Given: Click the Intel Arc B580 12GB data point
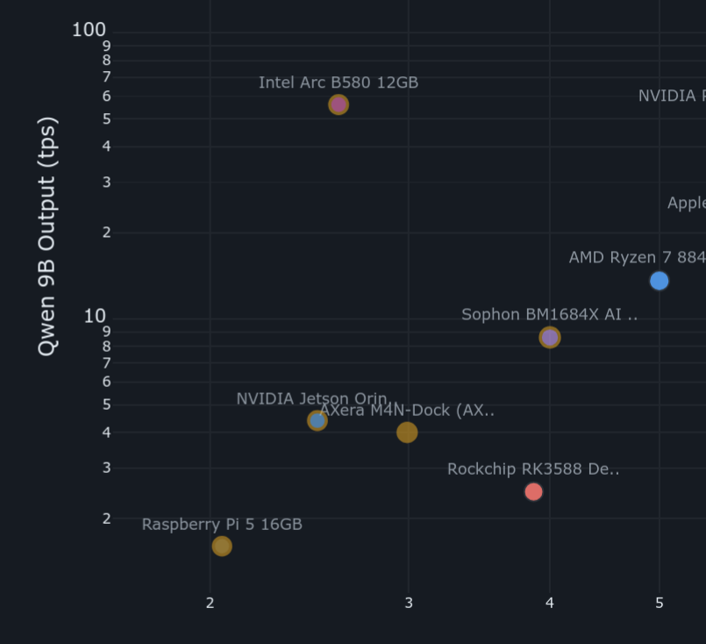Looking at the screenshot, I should (339, 104).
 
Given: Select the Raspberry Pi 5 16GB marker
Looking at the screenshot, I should (222, 546).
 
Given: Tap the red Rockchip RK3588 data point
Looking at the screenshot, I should (533, 491).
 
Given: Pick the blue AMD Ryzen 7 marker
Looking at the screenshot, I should (659, 281).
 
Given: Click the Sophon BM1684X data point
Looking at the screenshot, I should (550, 337).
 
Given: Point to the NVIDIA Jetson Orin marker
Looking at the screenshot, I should (317, 421).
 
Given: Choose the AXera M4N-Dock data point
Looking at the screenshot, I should (407, 433).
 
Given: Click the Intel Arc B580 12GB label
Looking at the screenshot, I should (339, 82).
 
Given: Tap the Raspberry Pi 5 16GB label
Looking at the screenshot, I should (222, 525).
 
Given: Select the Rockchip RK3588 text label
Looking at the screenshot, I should (533, 469).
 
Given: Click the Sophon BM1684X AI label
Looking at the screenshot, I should (549, 315).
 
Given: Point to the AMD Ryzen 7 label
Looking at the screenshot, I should (637, 258).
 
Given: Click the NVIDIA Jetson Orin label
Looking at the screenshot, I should (311, 399).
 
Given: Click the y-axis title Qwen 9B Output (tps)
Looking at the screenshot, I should (47, 236).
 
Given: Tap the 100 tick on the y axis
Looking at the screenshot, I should (89, 30).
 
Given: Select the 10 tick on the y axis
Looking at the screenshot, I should (95, 316).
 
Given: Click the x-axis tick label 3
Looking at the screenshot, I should (409, 603).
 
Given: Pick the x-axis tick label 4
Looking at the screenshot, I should (550, 603).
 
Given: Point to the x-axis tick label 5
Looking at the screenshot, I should (660, 603).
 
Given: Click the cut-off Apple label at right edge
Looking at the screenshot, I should (687, 204).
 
